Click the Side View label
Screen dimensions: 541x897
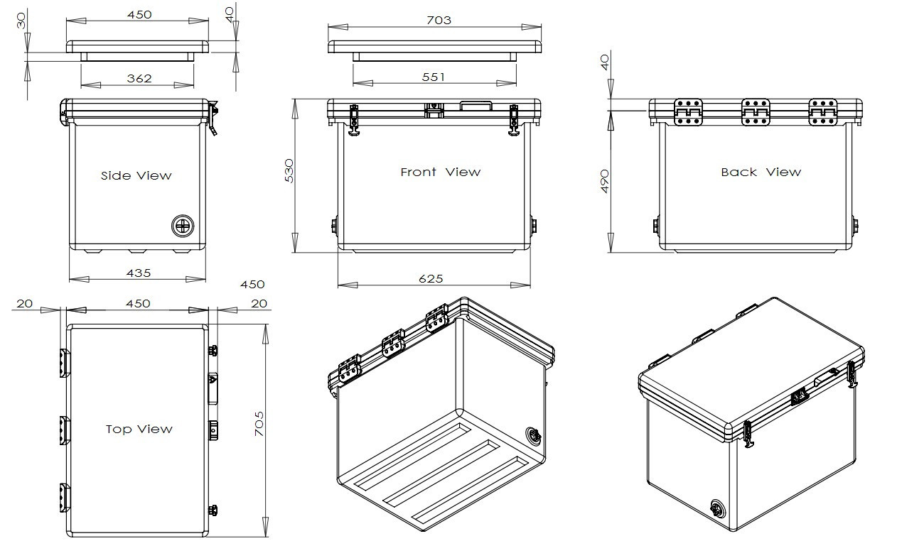tap(136, 175)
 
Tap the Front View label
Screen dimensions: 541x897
tap(440, 172)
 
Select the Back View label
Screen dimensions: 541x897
tap(761, 172)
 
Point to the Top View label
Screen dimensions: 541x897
tap(139, 429)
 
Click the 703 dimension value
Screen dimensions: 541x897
tap(439, 20)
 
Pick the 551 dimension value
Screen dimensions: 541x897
tap(434, 77)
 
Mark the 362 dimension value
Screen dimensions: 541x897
tap(139, 78)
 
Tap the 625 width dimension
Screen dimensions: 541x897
tap(431, 279)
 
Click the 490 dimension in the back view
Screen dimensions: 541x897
tap(605, 181)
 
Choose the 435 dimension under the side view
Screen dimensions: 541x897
tap(137, 273)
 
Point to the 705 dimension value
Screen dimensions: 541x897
tap(259, 424)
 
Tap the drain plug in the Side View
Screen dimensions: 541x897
tap(183, 226)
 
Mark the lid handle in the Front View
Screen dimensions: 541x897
tap(476, 106)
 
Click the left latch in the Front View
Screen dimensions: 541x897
tap(354, 119)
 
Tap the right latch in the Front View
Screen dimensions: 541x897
tap(514, 119)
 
